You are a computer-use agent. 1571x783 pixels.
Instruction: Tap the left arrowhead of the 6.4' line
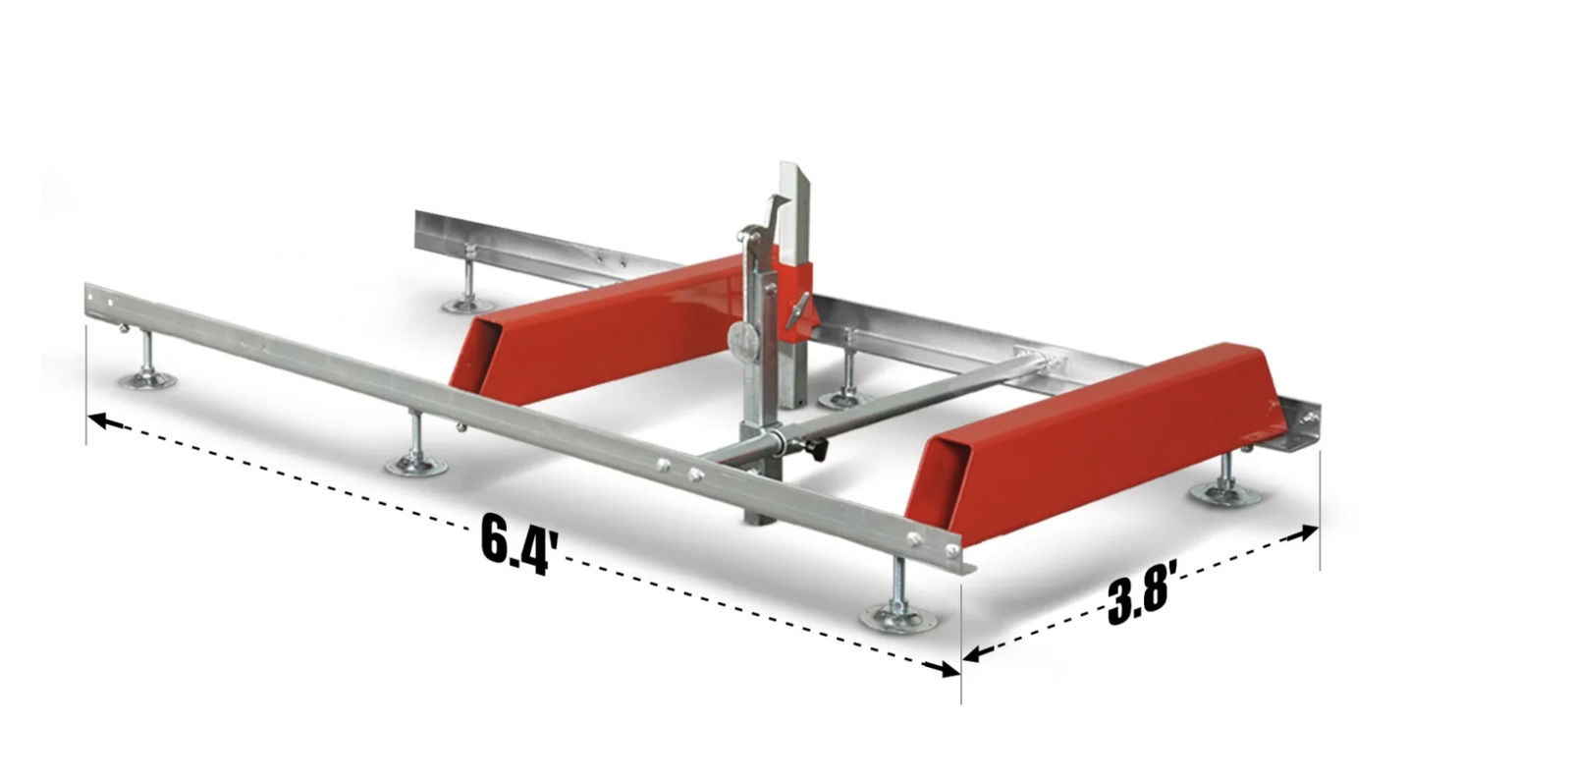(x=98, y=420)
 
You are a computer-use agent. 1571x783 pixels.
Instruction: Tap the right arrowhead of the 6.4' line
(x=948, y=670)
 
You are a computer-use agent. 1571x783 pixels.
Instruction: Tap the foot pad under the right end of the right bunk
(x=1220, y=490)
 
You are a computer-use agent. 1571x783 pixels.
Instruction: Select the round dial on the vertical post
(x=744, y=336)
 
